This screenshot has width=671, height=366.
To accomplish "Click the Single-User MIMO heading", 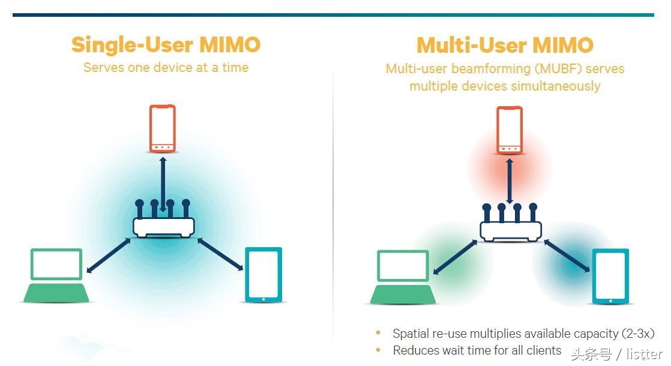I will click(x=166, y=45).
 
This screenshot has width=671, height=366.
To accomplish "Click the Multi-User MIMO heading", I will click(x=505, y=45).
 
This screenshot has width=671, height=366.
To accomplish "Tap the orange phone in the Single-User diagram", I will click(x=163, y=128).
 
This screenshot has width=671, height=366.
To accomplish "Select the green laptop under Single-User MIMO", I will click(x=57, y=275).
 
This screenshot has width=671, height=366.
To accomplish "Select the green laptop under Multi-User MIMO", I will click(x=403, y=277).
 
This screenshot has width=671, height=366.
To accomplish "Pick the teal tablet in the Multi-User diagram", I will click(x=610, y=276).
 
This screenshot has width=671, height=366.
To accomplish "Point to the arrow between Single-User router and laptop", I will click(x=109, y=255).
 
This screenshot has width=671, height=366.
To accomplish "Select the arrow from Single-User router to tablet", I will click(x=220, y=255).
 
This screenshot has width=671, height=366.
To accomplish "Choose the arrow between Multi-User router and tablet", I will click(x=567, y=257).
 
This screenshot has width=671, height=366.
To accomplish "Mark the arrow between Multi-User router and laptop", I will click(x=455, y=256).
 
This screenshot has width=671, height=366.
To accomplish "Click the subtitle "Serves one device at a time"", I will click(x=166, y=67).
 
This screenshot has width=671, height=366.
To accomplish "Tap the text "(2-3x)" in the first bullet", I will click(x=637, y=334).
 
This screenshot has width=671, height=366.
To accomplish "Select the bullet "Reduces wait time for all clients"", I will click(x=477, y=350).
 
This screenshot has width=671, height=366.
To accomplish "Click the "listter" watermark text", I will click(x=644, y=354).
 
